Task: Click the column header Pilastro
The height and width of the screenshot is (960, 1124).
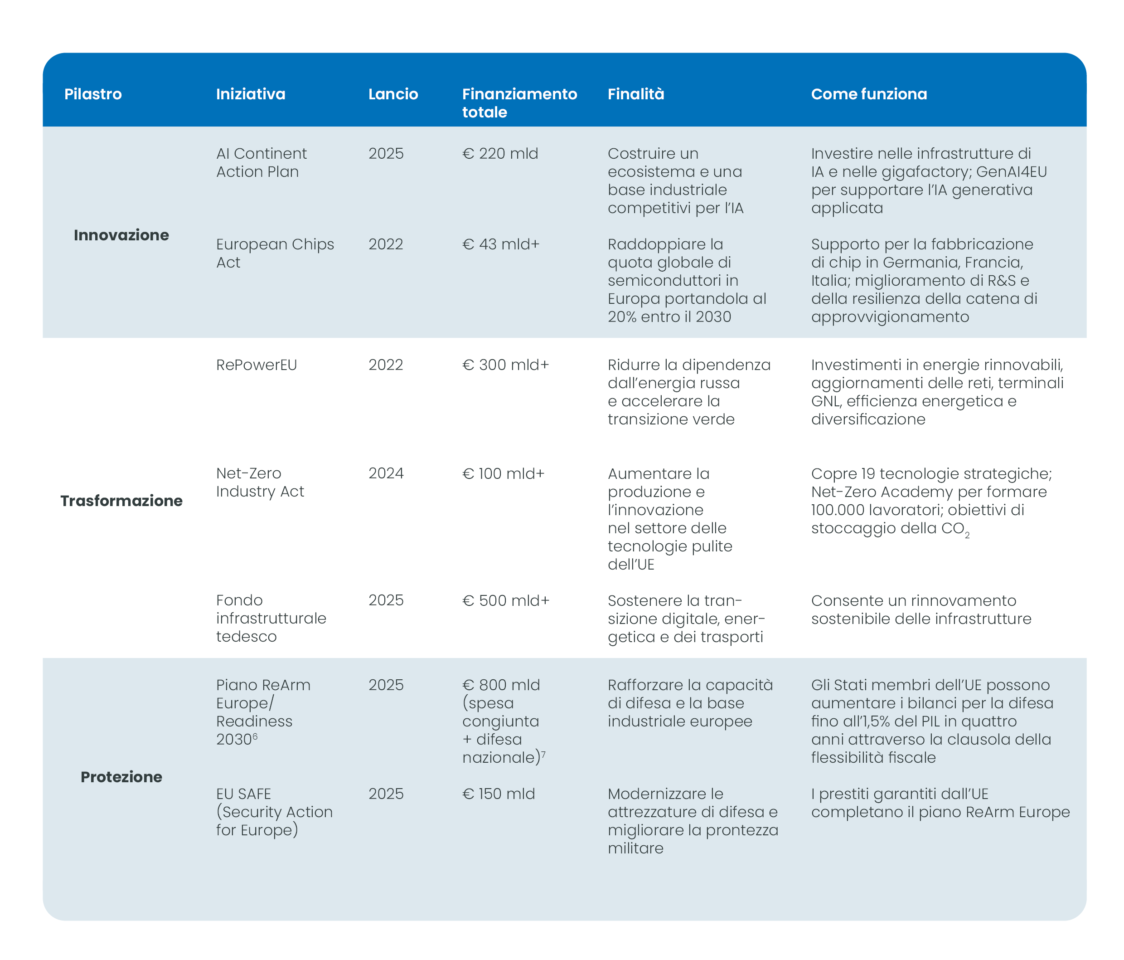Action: click(x=93, y=94)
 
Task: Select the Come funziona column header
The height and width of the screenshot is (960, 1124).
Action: click(x=868, y=94)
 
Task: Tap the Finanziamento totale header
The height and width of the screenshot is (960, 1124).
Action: click(x=519, y=102)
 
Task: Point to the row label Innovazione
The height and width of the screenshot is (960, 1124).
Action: click(x=121, y=235)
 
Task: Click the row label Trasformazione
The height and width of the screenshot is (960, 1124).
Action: click(x=121, y=500)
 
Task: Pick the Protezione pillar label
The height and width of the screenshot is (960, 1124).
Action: click(x=121, y=777)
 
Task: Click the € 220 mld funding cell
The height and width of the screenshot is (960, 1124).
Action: click(x=499, y=154)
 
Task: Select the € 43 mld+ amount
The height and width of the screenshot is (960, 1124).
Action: click(x=500, y=244)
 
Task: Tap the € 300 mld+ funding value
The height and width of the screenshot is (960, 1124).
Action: click(x=505, y=365)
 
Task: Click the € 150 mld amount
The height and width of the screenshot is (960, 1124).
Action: click(x=498, y=794)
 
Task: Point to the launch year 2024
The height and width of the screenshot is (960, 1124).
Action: click(x=386, y=473)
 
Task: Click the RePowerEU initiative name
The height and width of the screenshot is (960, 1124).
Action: click(x=256, y=365)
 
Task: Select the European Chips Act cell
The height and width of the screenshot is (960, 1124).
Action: click(x=275, y=253)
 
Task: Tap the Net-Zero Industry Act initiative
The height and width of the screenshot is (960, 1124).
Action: click(x=260, y=482)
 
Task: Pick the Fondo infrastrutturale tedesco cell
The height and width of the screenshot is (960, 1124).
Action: click(x=271, y=618)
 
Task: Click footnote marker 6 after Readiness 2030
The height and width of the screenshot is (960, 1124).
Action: click(x=255, y=736)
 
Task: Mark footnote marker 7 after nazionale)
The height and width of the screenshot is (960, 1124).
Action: click(x=543, y=754)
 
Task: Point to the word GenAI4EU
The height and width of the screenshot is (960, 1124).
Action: click(x=1011, y=171)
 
